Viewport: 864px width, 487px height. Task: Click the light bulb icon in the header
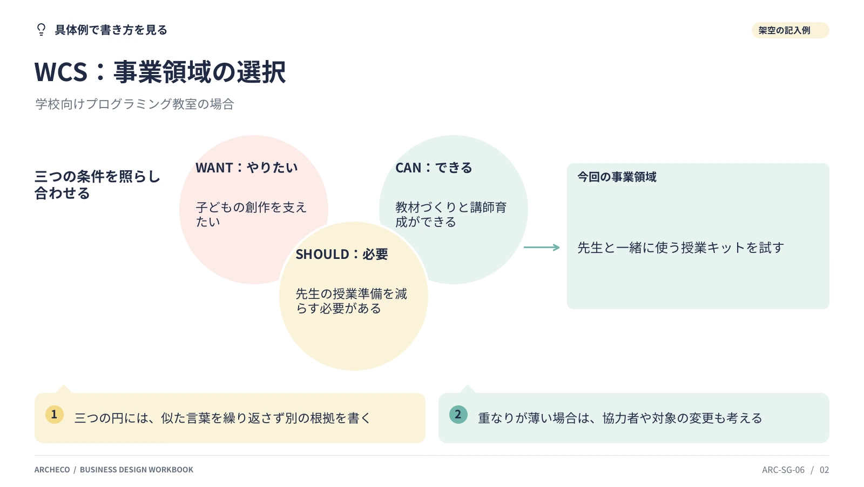41,30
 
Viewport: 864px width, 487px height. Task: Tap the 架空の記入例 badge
790,30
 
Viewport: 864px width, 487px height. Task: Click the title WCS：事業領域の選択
160,72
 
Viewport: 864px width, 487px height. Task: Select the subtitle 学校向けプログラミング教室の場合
134,104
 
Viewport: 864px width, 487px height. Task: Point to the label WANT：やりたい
246,168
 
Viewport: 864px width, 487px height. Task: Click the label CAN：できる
434,168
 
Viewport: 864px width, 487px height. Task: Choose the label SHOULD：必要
342,254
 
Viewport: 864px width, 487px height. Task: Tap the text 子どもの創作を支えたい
251,215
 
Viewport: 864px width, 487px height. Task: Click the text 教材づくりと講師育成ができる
451,215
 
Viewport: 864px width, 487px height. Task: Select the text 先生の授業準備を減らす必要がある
352,301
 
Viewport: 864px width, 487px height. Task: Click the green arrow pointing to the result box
542,247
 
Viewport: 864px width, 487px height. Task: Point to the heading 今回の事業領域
617,177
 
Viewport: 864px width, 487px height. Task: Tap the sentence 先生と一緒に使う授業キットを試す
681,248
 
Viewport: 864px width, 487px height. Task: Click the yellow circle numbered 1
55,415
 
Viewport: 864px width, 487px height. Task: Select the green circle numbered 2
458,415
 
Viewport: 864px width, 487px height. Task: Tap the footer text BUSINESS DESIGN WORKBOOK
137,470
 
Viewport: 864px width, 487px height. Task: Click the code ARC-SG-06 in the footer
784,470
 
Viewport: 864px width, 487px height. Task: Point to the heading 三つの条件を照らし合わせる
97,185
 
